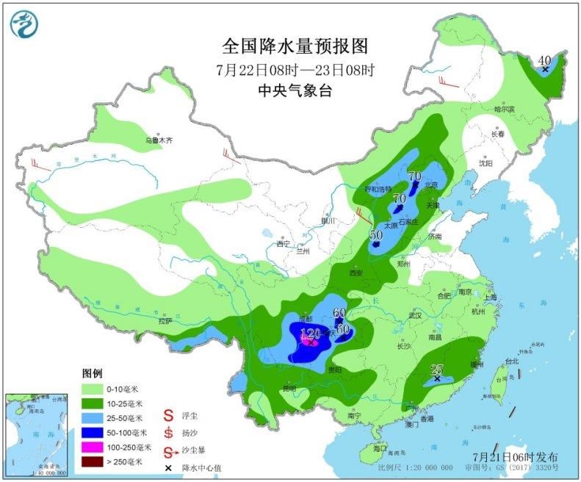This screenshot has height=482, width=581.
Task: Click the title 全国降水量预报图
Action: (x=295, y=46)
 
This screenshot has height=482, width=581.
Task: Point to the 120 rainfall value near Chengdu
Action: (x=311, y=334)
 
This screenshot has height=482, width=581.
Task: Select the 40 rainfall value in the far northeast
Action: (x=544, y=60)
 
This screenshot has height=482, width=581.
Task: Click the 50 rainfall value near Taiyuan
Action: (x=376, y=235)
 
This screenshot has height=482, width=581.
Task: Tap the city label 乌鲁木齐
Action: (x=158, y=139)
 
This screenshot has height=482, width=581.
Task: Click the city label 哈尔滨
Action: (x=504, y=109)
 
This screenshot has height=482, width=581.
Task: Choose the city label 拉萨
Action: (x=165, y=321)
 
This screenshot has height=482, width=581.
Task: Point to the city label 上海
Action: (x=491, y=296)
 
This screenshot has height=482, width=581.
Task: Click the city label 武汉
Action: (x=415, y=315)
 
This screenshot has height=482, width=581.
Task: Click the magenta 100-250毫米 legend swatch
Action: (x=94, y=447)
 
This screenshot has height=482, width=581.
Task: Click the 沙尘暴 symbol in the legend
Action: (x=168, y=449)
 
